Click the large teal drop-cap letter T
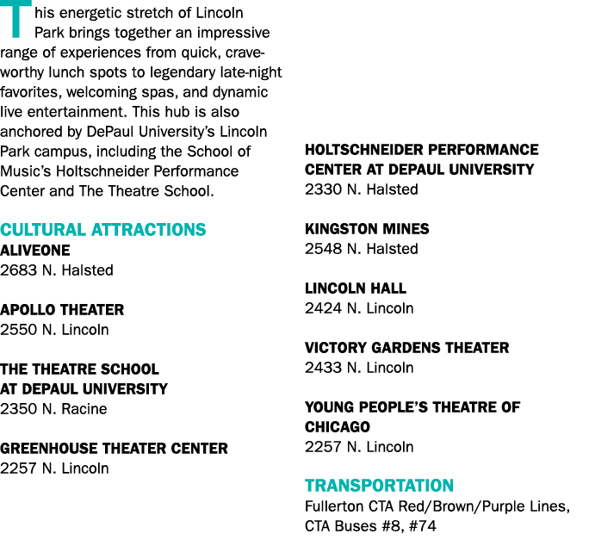point(16,19)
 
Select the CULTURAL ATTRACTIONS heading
point(103,230)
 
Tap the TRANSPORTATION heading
point(379,486)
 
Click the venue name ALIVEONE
point(35,251)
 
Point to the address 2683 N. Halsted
point(56,270)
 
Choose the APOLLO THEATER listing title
point(62,310)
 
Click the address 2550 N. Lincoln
point(54,330)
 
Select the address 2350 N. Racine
point(53,409)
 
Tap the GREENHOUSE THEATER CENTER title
point(114,449)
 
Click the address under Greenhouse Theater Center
point(54,468)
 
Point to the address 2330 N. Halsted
point(362,189)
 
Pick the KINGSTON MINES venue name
point(367,229)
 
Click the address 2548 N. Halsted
point(362,249)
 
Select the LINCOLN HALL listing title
point(356,289)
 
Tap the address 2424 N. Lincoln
point(359,308)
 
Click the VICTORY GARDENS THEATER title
point(406,348)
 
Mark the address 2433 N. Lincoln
point(359,368)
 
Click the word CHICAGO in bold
point(338,427)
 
